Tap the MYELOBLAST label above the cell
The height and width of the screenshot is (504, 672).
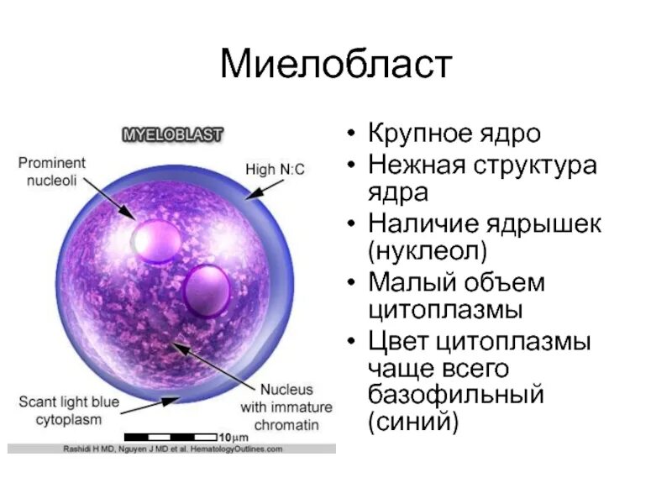174,134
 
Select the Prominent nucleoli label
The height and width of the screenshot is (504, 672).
52,170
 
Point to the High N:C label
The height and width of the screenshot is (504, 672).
275,170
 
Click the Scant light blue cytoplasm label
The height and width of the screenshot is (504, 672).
69,411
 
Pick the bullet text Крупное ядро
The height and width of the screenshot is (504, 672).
454,134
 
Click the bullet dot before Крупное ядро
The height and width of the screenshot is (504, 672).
352,135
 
